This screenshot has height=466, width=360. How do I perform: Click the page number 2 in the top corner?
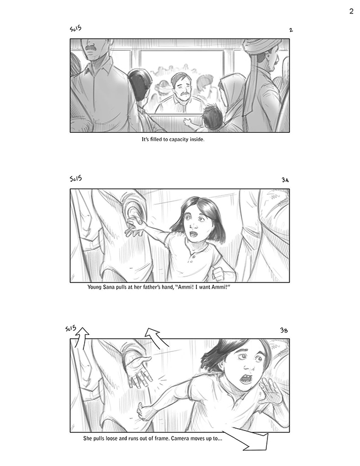[x=352, y=11]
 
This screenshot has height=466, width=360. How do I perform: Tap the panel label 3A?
[x=285, y=180]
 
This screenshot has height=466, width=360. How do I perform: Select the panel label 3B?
[x=284, y=330]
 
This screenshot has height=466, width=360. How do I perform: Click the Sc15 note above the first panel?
[x=76, y=29]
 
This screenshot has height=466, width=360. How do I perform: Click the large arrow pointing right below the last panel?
[x=249, y=440]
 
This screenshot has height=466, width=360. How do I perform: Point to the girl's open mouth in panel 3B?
[x=247, y=379]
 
